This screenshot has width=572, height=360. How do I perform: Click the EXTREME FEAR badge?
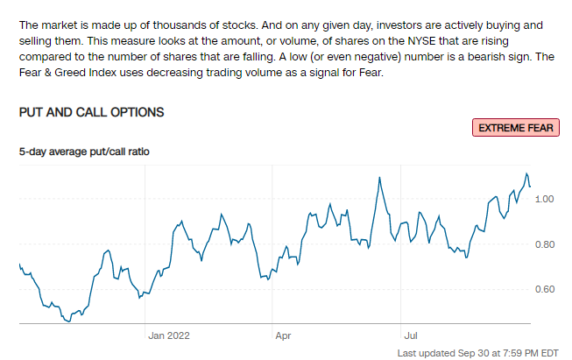click(516, 128)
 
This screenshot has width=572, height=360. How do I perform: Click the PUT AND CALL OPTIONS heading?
click(91, 113)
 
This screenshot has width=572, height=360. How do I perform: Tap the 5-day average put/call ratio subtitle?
click(85, 152)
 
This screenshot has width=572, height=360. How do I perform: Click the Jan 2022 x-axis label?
click(168, 335)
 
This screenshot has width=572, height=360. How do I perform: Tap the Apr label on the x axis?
click(283, 335)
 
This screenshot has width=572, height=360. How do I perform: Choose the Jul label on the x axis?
click(409, 335)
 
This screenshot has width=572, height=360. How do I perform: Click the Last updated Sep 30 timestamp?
click(477, 352)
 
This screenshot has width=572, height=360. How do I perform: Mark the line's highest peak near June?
click(379, 178)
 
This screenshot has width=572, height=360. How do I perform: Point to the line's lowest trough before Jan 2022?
click(67, 321)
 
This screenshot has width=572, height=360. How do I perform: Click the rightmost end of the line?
click(530, 186)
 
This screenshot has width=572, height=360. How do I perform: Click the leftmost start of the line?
click(19, 264)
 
